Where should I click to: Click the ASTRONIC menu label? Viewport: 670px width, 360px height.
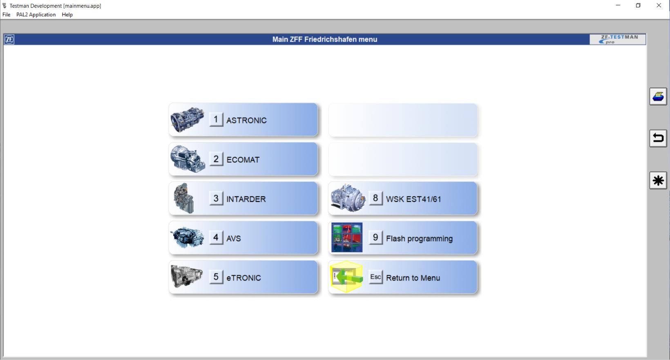[246, 121]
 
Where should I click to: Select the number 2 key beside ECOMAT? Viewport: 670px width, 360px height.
[216, 159]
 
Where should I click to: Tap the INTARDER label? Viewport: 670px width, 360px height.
[246, 199]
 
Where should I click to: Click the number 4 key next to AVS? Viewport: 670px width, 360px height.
[216, 238]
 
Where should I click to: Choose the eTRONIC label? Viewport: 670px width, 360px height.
[243, 278]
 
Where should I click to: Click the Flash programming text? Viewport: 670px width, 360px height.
[419, 239]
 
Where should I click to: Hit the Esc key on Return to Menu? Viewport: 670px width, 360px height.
[375, 277]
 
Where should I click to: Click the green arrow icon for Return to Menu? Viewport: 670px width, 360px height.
[347, 277]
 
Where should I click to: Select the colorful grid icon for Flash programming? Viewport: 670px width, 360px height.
[347, 237]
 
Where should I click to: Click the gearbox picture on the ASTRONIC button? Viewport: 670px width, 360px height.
[188, 120]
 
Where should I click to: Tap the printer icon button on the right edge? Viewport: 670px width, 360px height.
[658, 97]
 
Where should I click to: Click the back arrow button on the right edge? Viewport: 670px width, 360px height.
[658, 139]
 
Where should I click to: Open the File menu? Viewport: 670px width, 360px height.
[6, 15]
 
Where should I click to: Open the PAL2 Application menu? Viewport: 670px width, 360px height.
[36, 15]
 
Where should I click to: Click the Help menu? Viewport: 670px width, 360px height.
[67, 15]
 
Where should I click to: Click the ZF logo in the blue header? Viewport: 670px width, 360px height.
[9, 40]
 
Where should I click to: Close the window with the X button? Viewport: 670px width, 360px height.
[659, 6]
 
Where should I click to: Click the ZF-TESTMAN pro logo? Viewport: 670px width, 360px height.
[617, 39]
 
